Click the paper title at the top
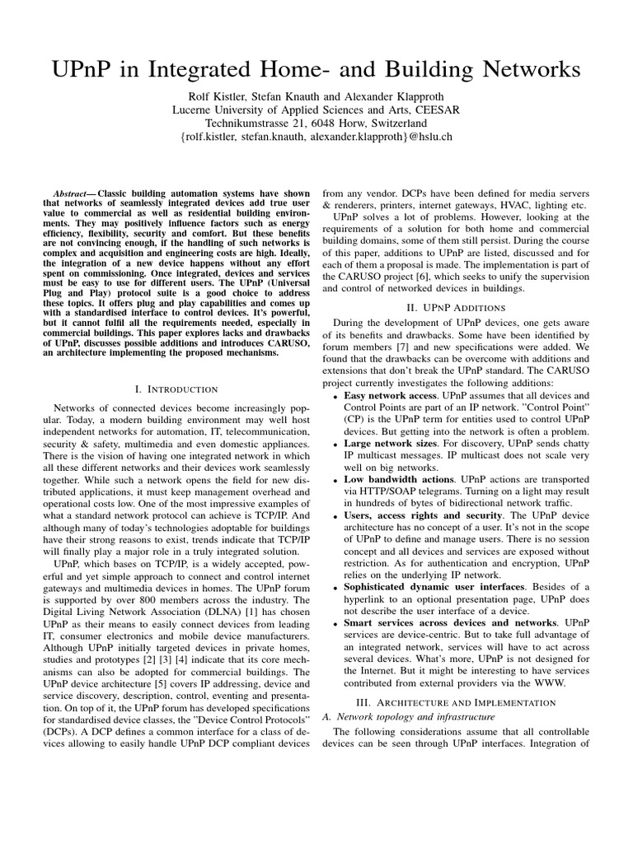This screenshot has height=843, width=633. pos(316,72)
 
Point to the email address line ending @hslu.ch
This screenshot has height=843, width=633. pos(316,137)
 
